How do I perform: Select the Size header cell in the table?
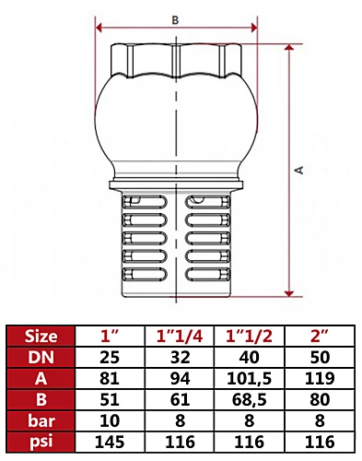click(40, 335)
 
